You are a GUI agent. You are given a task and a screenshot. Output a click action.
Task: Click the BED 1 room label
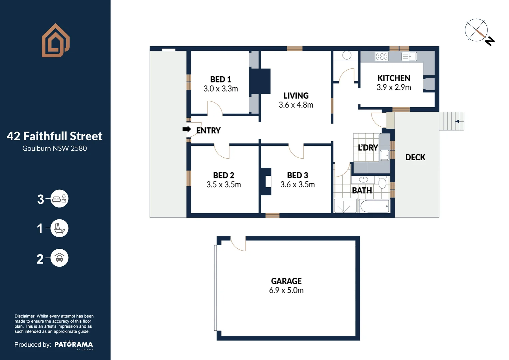coord(221,79)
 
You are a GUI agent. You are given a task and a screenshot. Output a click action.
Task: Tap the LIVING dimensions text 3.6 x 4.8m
coord(296,105)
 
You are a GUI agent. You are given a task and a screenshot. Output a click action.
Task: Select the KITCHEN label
coord(394,78)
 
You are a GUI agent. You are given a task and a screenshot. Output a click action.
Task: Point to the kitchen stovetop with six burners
coord(381,56)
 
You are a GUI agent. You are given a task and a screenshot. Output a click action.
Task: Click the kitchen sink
coord(409,56)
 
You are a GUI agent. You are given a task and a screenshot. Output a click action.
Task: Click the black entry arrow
coord(187,129)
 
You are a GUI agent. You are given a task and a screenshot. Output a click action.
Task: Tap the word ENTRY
coord(208,131)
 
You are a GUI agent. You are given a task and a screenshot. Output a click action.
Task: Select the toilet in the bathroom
coord(382,183)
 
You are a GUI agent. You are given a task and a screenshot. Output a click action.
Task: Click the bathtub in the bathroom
coord(374,206)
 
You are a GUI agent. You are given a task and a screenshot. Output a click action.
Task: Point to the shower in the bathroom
coord(345,206)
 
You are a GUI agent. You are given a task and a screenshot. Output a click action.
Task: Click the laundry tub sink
coord(385,155)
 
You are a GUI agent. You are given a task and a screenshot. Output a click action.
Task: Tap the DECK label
coord(415,157)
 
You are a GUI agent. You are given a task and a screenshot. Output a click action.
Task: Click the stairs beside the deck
coord(451,121)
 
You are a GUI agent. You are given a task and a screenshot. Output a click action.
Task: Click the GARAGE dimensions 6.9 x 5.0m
coord(286,290)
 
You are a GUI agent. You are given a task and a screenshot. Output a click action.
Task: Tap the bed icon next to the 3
coord(59,199)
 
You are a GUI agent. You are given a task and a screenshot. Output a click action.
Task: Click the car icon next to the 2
coord(59,258)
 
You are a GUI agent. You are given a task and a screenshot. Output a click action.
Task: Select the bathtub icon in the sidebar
coord(59,228)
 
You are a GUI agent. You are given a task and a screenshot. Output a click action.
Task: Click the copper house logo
coord(55,40)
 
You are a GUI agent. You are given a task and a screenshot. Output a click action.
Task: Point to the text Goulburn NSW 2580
coord(55,148)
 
